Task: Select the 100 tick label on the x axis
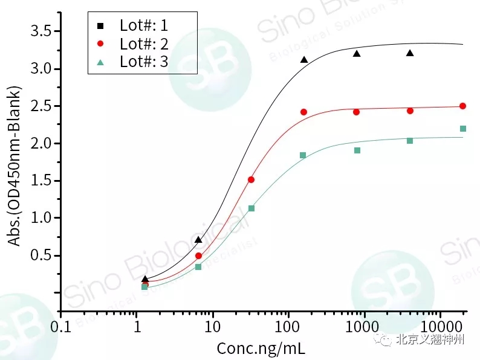[x=288, y=327]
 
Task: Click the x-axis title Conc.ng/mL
[x=261, y=349]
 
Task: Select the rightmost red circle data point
[x=462, y=106]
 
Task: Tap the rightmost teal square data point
[x=463, y=129]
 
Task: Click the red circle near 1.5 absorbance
[x=251, y=179]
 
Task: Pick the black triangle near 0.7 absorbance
[x=198, y=240]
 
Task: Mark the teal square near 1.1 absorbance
[x=251, y=208]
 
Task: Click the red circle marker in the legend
[x=100, y=43]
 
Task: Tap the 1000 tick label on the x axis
[x=364, y=327]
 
